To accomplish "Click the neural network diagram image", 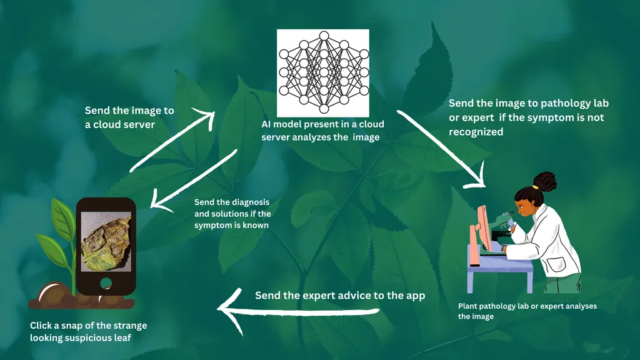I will tap(322, 71).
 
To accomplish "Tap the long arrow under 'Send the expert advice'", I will tap(294, 311).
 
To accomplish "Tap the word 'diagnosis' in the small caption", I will tap(249, 202).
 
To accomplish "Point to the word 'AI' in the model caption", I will tap(267, 124).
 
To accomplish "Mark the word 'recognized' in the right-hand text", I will tap(476, 132).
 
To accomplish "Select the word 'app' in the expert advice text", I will tap(416, 295).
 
